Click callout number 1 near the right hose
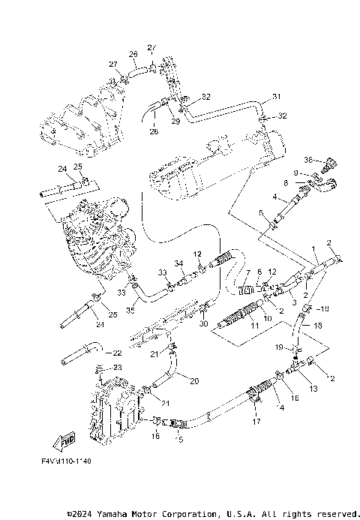coord(313,248)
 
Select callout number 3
coord(294,302)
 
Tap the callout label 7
coord(248,272)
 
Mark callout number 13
coord(312,389)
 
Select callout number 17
coord(257,422)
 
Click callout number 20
coord(194,381)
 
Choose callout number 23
coord(118,366)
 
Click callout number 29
coord(176,121)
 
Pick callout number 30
coord(203,323)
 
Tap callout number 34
coord(179,263)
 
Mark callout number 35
coord(131,308)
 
